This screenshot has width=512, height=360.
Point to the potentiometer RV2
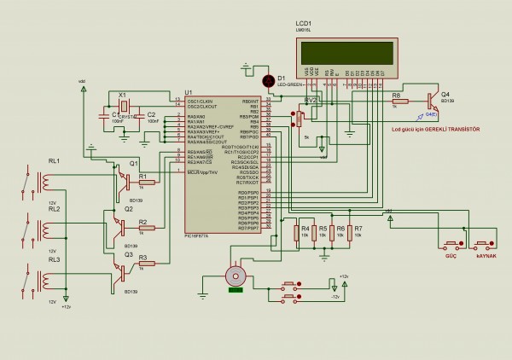pos(299,118)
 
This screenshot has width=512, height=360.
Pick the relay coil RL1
pos(43,180)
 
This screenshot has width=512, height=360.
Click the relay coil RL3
pos(43,279)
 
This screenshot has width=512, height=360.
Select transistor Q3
pos(125,272)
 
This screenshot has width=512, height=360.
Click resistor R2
pos(146,229)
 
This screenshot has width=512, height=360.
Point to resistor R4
pos(297,233)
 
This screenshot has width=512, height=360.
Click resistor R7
pos(350,233)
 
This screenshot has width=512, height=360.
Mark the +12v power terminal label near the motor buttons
pos(343,277)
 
